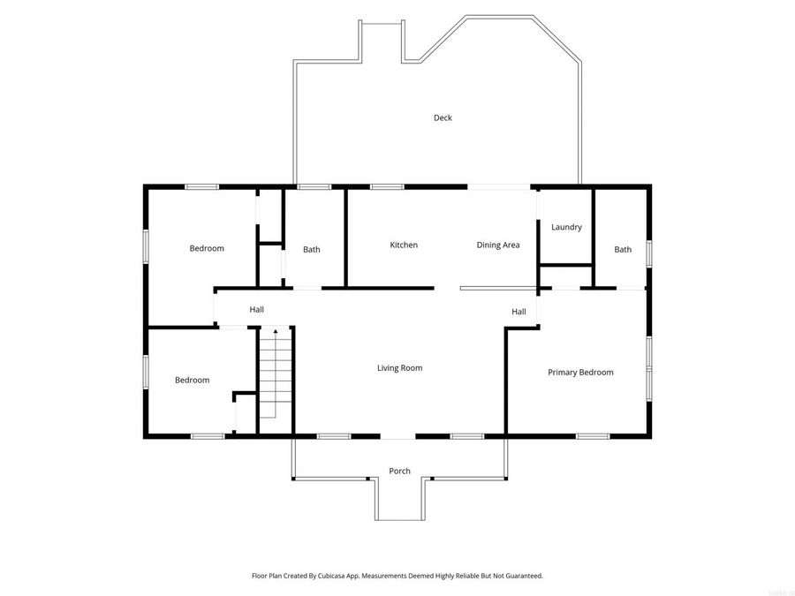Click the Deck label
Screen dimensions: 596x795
[x=443, y=118]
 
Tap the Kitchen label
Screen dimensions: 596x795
[x=404, y=245]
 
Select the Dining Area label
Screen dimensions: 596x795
[x=498, y=245]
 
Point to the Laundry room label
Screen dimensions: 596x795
[x=566, y=227]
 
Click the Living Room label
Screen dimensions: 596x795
[x=399, y=367]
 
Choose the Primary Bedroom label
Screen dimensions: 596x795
[x=580, y=373]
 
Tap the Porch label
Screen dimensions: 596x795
[x=399, y=471]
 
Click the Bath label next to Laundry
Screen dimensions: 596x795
[x=623, y=249]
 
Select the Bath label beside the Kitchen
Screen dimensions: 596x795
[x=312, y=249]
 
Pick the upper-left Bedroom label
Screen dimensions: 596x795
[x=207, y=248]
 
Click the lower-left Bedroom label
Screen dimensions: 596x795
[x=192, y=380]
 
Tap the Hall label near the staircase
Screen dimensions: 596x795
[x=256, y=309]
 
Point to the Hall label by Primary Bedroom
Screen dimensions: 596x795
[x=519, y=312]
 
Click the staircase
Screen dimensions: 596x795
[x=275, y=380]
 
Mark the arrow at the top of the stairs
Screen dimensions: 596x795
[x=275, y=332]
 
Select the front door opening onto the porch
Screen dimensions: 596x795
[x=397, y=436]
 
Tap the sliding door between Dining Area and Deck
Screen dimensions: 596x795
[x=499, y=186]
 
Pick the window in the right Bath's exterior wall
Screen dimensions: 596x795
[x=648, y=253]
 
